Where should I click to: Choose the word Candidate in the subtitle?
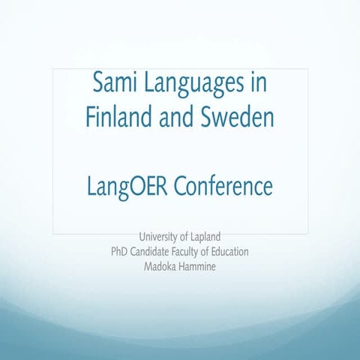154,252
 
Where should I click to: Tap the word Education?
236,252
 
